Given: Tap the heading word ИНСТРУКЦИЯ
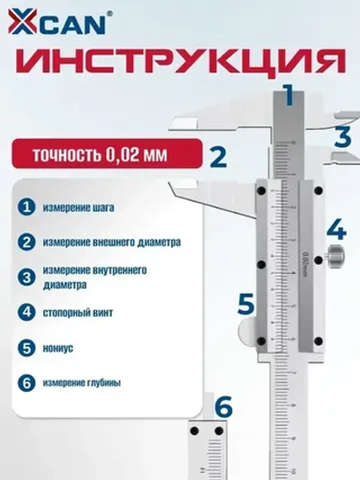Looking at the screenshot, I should [x=180, y=62].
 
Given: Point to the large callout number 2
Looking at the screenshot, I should [x=216, y=158].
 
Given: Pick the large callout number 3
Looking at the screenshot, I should [x=343, y=138].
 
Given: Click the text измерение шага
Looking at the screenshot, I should [x=80, y=208].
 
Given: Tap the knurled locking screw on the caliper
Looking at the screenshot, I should [x=337, y=258].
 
